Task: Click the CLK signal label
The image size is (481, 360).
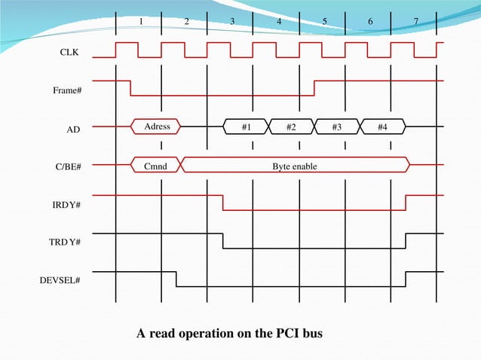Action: [69, 53]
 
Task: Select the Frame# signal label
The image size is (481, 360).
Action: [67, 91]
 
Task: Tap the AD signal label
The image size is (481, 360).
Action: [72, 130]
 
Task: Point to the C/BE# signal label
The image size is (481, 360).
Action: [68, 166]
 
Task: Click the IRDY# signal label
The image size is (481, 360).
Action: [68, 204]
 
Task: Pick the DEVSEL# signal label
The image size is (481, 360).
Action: [60, 279]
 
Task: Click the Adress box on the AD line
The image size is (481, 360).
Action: [157, 127]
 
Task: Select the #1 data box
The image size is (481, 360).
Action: [246, 127]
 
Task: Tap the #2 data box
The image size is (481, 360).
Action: [291, 127]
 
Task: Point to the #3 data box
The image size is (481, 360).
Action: [337, 127]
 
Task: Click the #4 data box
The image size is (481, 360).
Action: [383, 127]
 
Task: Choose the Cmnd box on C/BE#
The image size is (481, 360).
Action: [156, 164]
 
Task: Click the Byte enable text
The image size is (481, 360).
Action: [295, 164]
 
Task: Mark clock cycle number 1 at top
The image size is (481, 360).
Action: [141, 21]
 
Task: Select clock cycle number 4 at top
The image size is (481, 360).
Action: [279, 21]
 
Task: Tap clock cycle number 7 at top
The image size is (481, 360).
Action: [416, 21]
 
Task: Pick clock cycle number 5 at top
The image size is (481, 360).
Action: [325, 21]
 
